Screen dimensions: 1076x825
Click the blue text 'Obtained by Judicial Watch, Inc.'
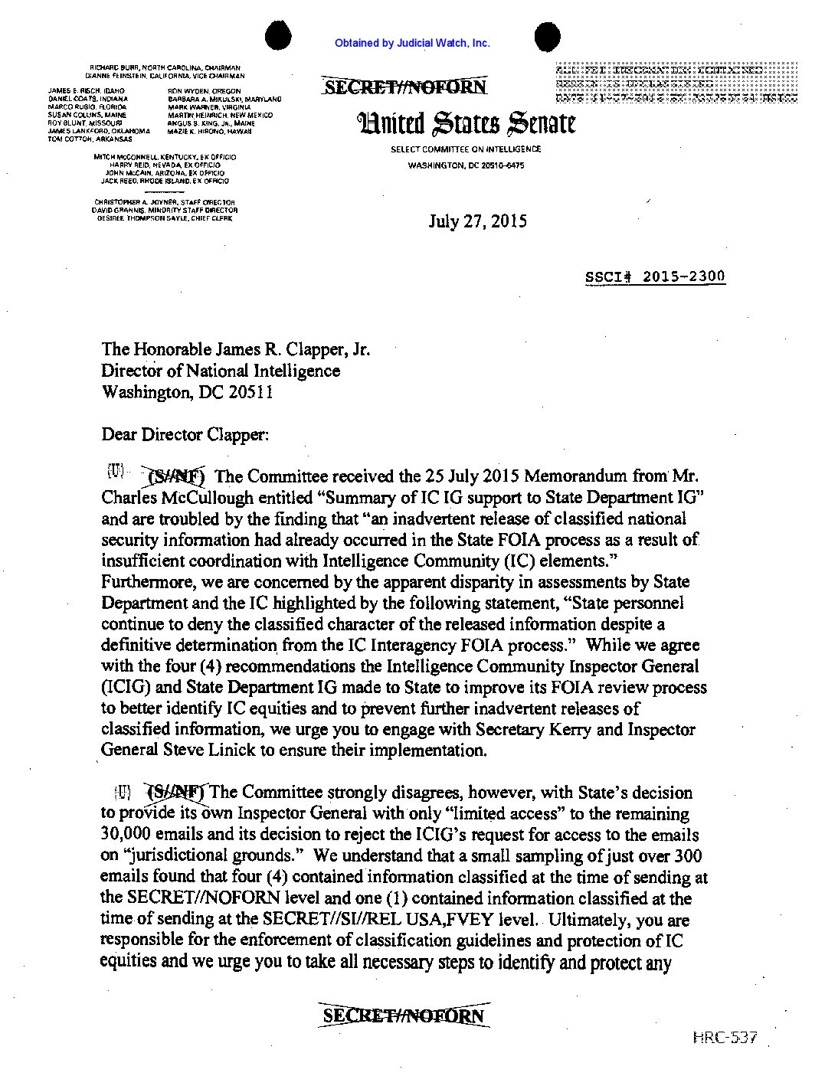(x=412, y=44)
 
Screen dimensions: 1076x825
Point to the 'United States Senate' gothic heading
(x=465, y=122)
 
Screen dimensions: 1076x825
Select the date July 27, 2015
(x=477, y=222)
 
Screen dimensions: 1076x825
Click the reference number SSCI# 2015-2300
(x=655, y=276)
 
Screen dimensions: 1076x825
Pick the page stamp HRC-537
(x=725, y=1038)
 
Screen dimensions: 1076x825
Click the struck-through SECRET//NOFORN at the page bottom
(x=404, y=1016)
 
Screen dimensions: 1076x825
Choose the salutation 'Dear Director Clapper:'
(x=185, y=435)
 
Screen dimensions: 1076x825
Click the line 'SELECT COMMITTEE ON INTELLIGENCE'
(x=465, y=149)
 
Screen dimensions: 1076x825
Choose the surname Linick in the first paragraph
(x=232, y=751)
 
